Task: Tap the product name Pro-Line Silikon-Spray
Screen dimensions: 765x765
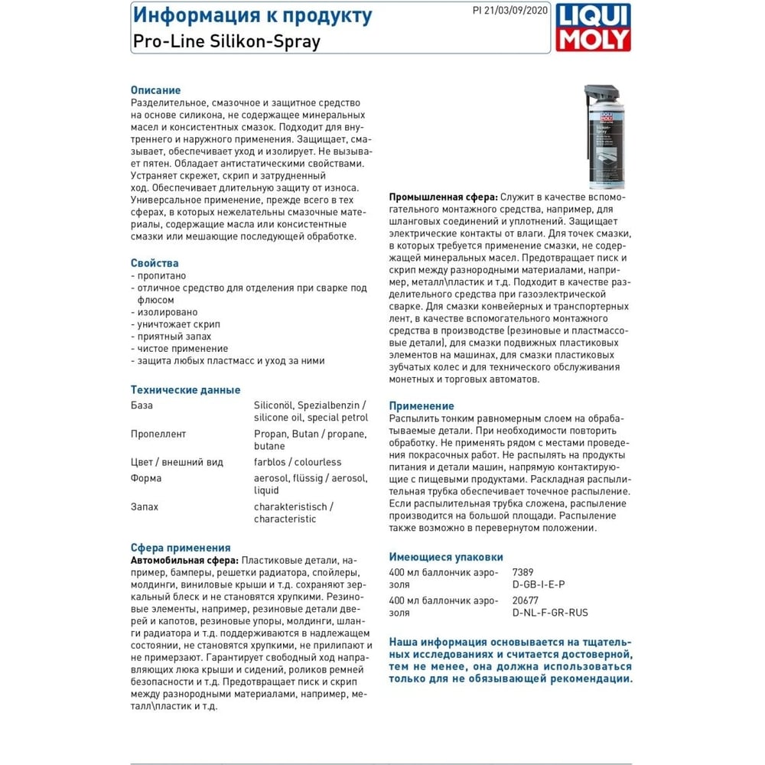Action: tap(226, 41)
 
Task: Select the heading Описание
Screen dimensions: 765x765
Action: tap(155, 90)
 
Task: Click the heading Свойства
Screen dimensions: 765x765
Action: tap(155, 263)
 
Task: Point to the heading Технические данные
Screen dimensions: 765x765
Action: tap(186, 389)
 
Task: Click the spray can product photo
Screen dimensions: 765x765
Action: tap(606, 138)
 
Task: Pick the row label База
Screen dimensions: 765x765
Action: tap(142, 405)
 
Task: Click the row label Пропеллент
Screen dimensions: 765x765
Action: tap(158, 434)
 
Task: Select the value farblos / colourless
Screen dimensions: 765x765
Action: tap(298, 462)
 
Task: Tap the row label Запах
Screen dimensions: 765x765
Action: tap(145, 506)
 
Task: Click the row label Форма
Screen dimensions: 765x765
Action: tap(146, 478)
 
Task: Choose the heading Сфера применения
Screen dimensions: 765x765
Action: tap(181, 548)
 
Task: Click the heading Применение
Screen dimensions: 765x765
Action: tap(422, 406)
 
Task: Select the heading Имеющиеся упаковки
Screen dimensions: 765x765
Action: tap(446, 557)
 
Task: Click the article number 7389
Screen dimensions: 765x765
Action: tap(522, 572)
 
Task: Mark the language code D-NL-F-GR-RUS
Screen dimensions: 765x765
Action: tap(550, 613)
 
